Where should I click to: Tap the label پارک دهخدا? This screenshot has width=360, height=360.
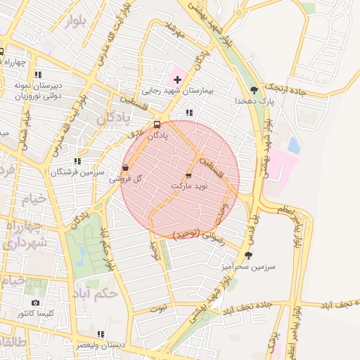coord(254,101)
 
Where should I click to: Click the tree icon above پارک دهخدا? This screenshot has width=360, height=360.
coord(254,89)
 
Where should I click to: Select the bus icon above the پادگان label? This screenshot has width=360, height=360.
coord(157,125)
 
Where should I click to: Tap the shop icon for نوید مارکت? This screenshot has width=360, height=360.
coord(188,175)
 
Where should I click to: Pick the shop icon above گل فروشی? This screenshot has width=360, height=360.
coord(125,168)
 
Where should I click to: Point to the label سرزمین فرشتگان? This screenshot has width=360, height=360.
coord(77,172)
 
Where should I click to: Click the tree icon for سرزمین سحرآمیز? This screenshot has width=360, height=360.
coord(247,255)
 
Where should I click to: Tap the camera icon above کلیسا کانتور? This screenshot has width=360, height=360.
coord(35,303)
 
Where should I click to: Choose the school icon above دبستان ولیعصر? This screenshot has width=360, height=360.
coord(101,334)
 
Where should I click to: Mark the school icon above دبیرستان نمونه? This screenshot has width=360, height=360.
coord(38,74)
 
